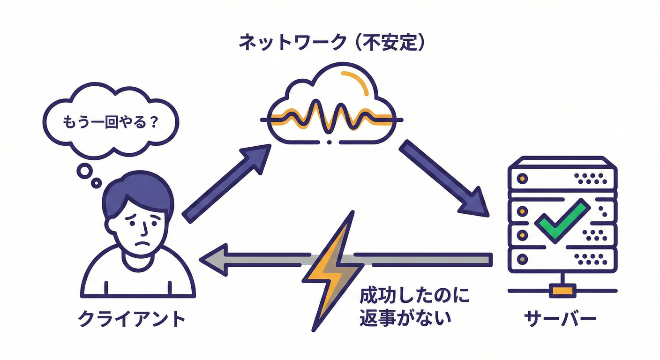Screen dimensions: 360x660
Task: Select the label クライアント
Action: click(131, 319)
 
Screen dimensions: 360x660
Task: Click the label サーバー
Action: click(560, 319)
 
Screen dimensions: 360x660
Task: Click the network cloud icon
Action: click(330, 105)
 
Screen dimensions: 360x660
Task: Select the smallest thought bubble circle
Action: click(96, 183)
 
